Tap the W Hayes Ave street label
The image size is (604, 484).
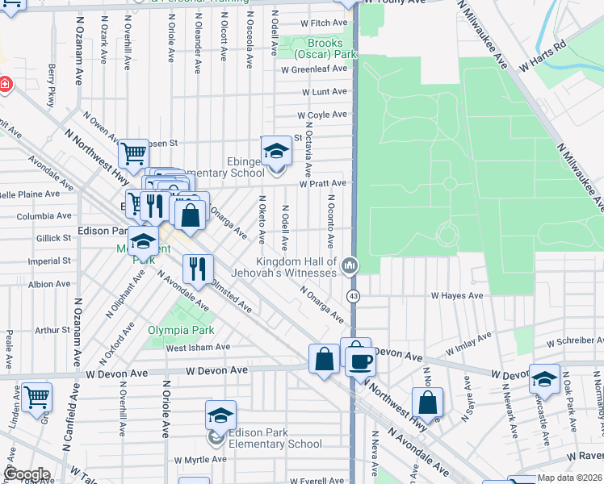[x=456, y=296]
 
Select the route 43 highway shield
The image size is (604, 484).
[x=353, y=297]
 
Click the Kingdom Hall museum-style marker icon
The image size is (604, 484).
[x=350, y=265]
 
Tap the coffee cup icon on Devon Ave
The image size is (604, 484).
[x=361, y=360]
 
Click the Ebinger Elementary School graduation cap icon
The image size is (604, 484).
[x=276, y=151]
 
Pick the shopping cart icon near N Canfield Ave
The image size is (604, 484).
[x=36, y=397]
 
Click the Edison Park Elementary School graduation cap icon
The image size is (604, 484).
[x=220, y=415]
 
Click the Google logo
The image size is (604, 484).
[x=27, y=474]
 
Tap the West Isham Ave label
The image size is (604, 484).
[x=198, y=348]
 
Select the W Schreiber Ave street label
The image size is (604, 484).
[x=574, y=342]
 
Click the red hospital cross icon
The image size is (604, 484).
[x=5, y=84]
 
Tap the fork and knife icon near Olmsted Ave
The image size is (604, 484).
[x=198, y=269]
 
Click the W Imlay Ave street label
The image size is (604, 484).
[x=468, y=344]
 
